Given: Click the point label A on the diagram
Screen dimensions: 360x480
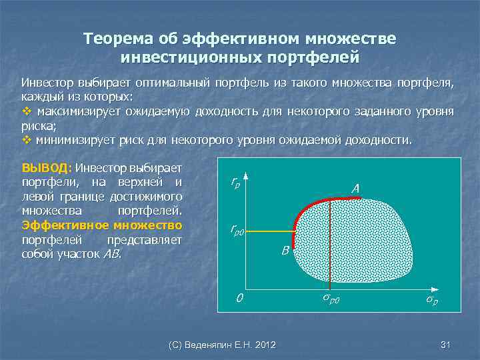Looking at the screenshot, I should [355, 189].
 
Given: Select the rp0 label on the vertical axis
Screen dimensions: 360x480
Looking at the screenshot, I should [237, 231].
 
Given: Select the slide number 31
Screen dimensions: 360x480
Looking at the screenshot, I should [446, 344].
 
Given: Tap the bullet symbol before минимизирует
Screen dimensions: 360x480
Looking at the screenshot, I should [27, 141].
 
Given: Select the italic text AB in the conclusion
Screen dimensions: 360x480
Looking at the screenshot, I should [113, 254].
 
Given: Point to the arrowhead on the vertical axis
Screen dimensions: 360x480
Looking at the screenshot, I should [246, 176].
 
